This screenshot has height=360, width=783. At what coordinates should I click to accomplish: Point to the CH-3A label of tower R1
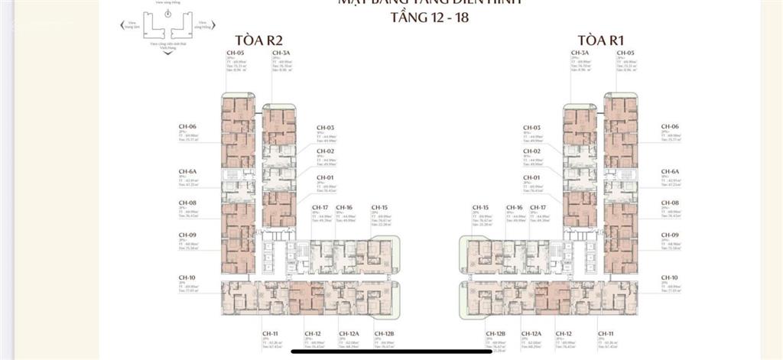(x=579, y=54)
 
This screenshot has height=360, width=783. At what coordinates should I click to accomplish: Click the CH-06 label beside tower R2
(x=187, y=127)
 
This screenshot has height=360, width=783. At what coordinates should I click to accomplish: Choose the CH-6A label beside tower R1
(x=670, y=172)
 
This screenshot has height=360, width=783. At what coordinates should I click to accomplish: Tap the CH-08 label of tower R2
(x=187, y=203)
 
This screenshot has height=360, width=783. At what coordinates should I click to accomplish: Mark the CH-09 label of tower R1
(x=670, y=235)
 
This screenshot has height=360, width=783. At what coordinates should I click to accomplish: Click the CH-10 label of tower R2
(x=187, y=277)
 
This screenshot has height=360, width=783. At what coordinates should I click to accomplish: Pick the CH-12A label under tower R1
(x=531, y=334)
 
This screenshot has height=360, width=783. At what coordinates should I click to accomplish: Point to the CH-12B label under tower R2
(x=384, y=334)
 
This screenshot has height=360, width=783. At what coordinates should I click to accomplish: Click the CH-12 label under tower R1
(x=564, y=334)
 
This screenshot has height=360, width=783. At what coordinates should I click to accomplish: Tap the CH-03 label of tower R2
(x=325, y=127)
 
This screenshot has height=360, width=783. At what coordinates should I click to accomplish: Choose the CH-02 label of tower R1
(x=531, y=151)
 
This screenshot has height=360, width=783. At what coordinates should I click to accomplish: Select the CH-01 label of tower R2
(x=325, y=177)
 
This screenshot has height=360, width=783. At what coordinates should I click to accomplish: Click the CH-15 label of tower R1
(x=480, y=207)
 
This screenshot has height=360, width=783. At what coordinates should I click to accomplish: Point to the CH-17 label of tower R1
(x=538, y=207)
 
